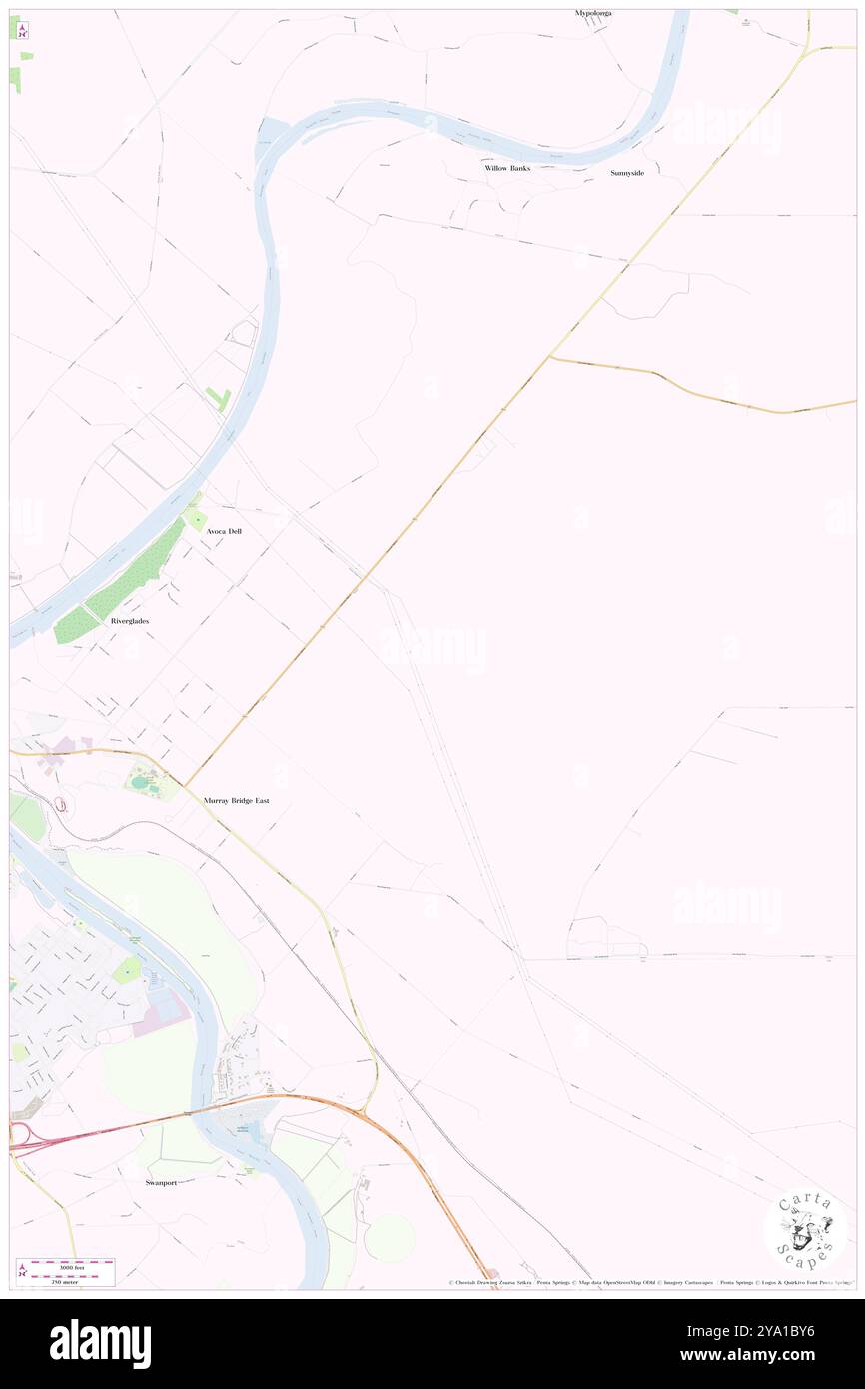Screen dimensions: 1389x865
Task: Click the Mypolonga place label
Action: [592, 13]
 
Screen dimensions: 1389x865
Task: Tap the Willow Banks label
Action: [507, 168]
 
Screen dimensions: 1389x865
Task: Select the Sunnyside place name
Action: [627, 173]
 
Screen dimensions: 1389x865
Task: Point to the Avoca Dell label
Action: [223, 531]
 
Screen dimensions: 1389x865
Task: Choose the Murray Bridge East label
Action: [236, 801]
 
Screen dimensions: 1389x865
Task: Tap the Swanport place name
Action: [153, 1182]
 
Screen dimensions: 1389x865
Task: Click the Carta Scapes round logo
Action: [805, 1230]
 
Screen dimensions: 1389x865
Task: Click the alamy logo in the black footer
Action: [101, 1343]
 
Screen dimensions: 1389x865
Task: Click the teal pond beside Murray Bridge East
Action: [137, 782]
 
